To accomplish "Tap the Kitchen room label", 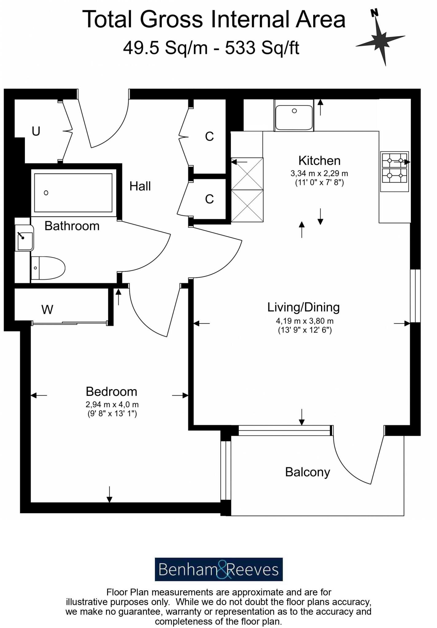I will [319, 161].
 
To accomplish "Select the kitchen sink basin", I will [294, 117].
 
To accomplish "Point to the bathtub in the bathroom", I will [73, 193].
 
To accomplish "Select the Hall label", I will [140, 186].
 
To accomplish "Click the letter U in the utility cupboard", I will [36, 131].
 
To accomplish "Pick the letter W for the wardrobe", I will [47, 309].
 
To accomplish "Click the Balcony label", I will [307, 472].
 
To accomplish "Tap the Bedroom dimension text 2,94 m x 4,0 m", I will [112, 405].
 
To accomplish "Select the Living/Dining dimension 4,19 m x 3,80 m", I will [304, 321].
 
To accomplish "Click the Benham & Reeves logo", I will [218, 569].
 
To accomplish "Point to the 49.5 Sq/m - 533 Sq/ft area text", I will [211, 48].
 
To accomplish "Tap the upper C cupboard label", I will [209, 136].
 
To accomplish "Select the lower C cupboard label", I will [209, 199].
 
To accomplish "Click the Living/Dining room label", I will [303, 307].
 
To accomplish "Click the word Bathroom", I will [72, 226].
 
